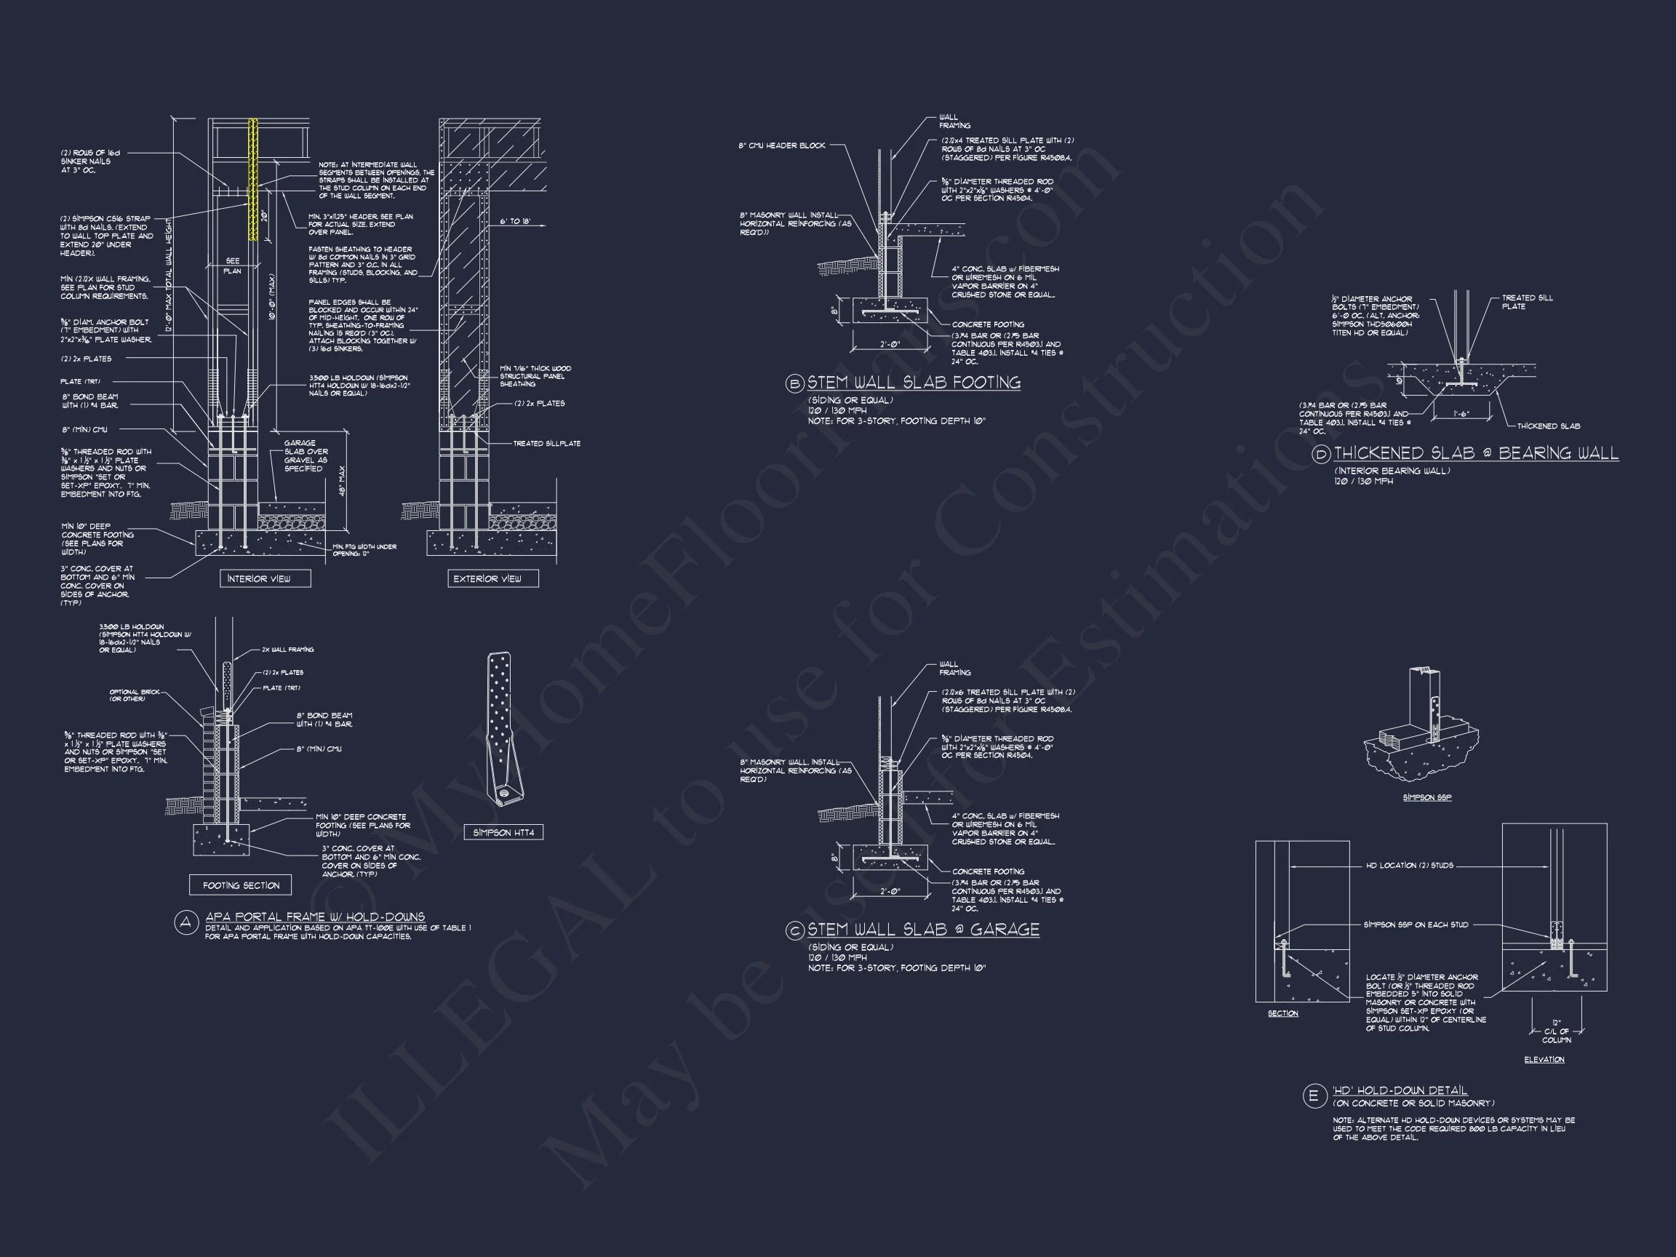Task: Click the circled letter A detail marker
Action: tap(185, 923)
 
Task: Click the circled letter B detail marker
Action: tap(794, 383)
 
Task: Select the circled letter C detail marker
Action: tap(794, 930)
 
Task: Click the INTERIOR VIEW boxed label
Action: tap(266, 578)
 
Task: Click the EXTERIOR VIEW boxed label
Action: tap(492, 578)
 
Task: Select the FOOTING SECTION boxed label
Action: tap(240, 885)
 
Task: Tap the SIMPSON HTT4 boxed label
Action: tap(503, 833)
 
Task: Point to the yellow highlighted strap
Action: tap(253, 178)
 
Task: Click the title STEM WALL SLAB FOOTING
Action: tap(914, 383)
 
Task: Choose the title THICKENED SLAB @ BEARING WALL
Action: tap(1476, 453)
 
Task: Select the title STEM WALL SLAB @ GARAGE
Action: tap(923, 930)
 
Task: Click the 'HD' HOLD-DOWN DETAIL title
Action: tap(1400, 1090)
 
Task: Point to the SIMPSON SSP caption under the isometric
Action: tap(1426, 797)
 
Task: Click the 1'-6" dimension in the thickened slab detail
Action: tap(1461, 415)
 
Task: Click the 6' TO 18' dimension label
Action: tap(515, 222)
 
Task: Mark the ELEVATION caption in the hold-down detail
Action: tap(1544, 1059)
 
